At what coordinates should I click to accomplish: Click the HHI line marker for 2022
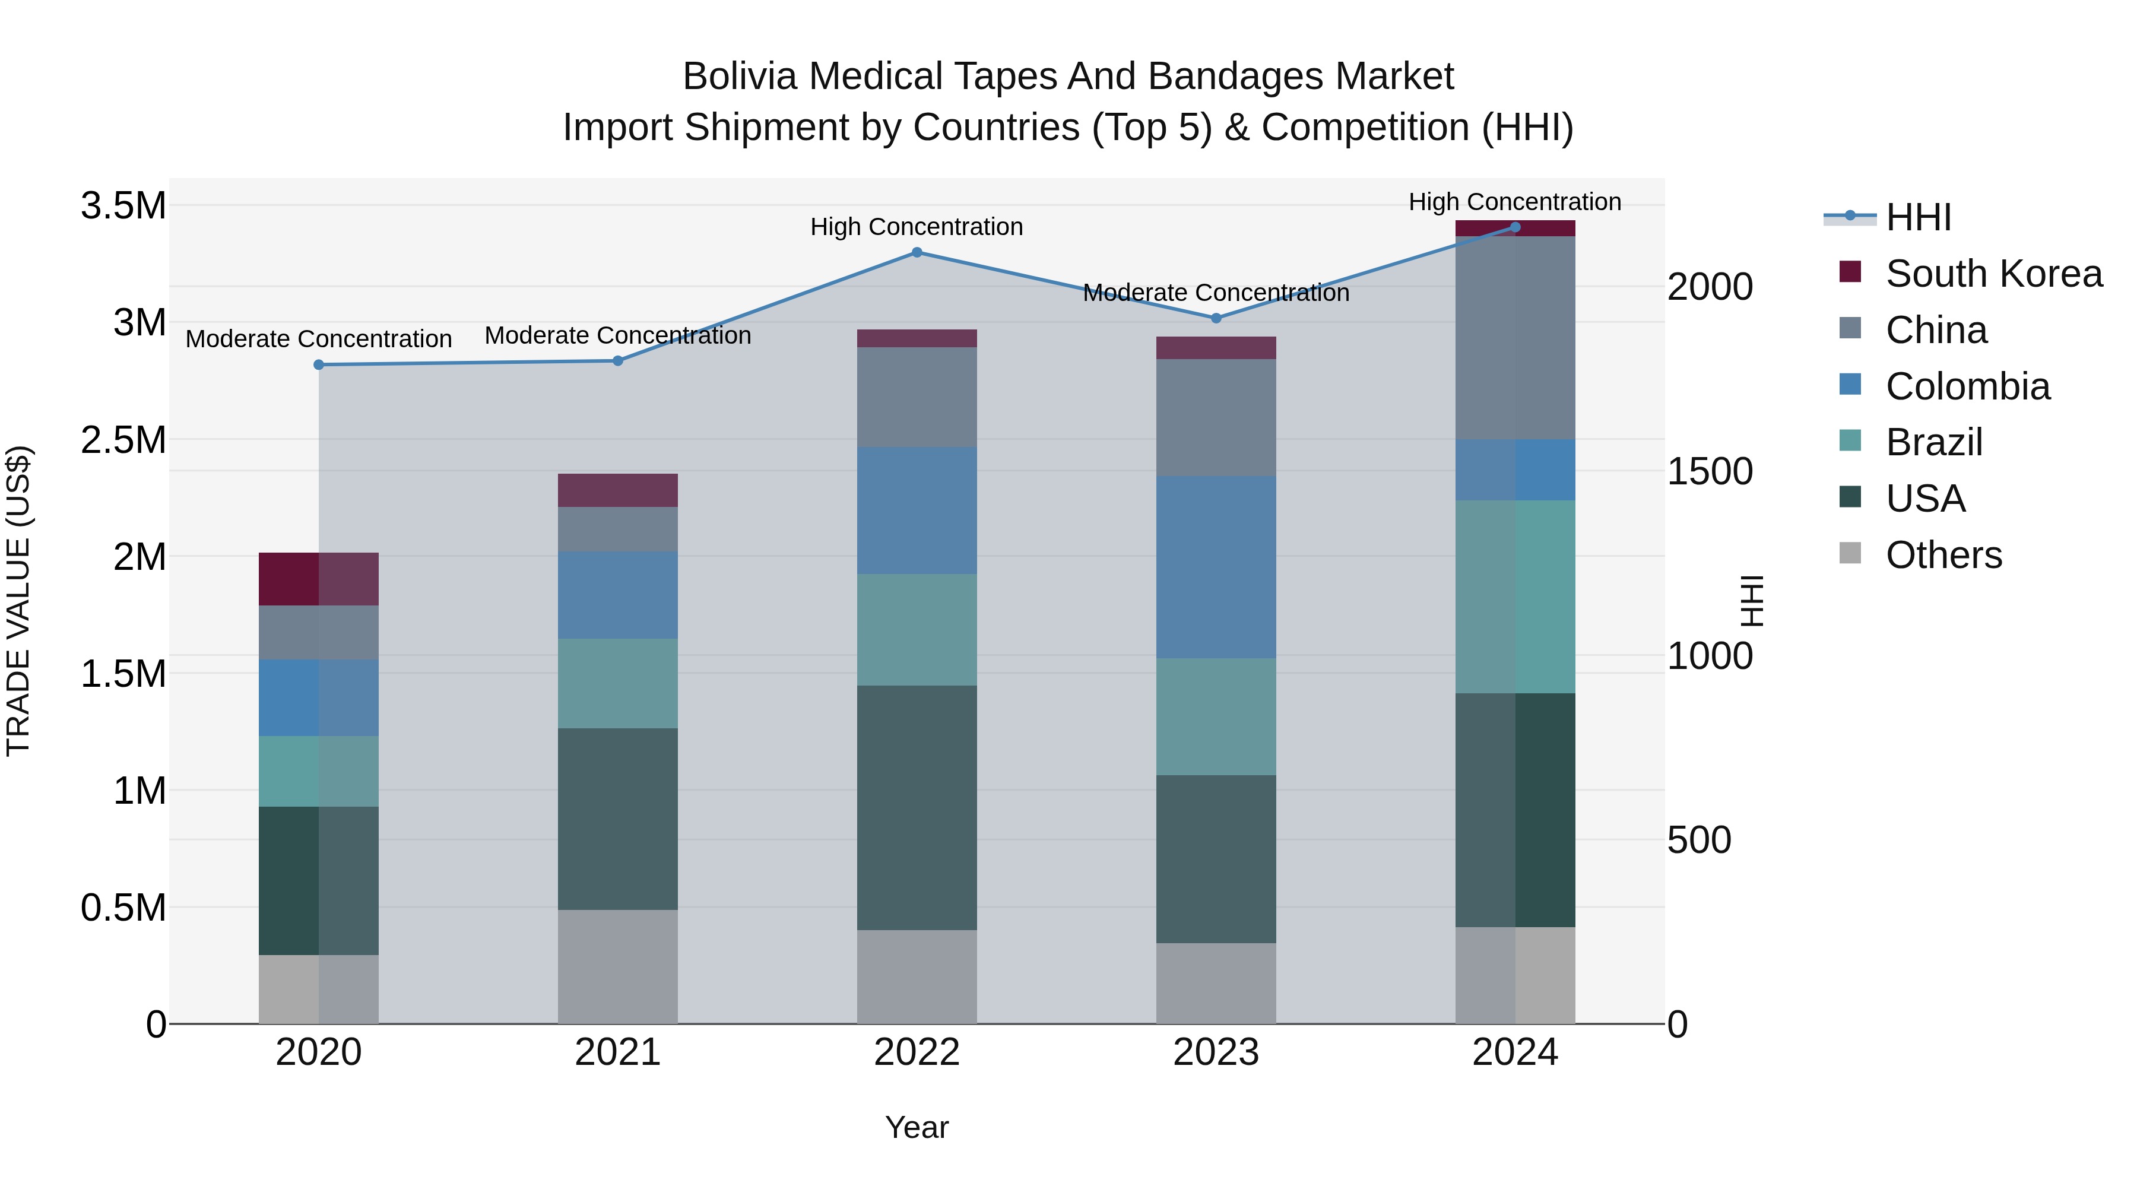tap(917, 252)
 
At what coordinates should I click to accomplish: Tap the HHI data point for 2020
tap(319, 364)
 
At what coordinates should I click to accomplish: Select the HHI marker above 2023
tap(1216, 318)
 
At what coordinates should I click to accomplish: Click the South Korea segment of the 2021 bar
tap(617, 490)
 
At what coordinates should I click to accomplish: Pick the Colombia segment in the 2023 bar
tap(1216, 567)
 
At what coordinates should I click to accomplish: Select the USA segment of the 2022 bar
tap(917, 807)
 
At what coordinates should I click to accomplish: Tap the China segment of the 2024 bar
tap(1515, 338)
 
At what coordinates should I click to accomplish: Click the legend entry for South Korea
tap(1993, 274)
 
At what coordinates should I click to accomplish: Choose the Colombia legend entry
tap(1967, 386)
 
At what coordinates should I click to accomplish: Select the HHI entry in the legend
tap(1918, 217)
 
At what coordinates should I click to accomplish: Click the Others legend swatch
tap(1850, 553)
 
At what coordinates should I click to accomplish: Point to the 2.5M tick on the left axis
tap(123, 440)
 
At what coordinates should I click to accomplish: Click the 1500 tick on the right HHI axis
tap(1711, 471)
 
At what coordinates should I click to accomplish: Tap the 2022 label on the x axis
tap(917, 1052)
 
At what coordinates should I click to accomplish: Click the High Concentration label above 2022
tap(917, 227)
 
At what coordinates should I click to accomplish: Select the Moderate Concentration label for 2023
tap(1216, 293)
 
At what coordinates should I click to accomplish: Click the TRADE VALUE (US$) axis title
tap(18, 601)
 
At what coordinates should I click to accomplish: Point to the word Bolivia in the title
tap(740, 77)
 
